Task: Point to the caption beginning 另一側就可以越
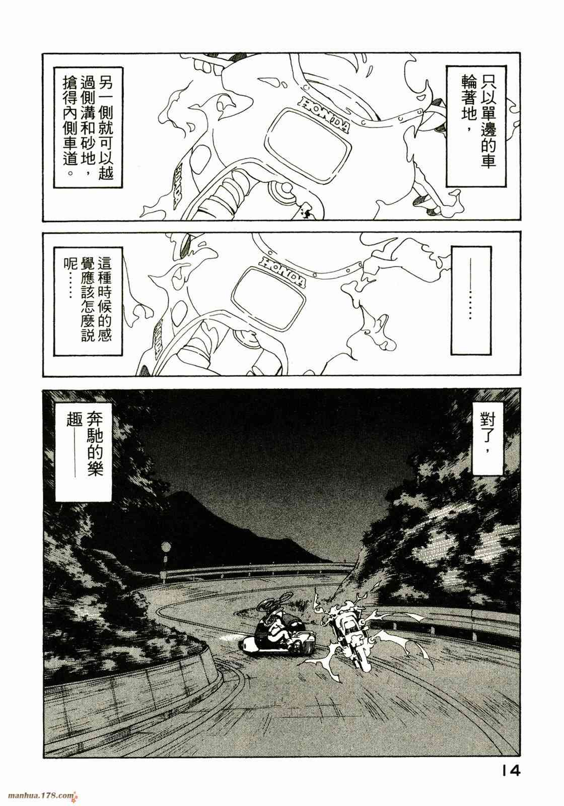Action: point(89,126)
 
